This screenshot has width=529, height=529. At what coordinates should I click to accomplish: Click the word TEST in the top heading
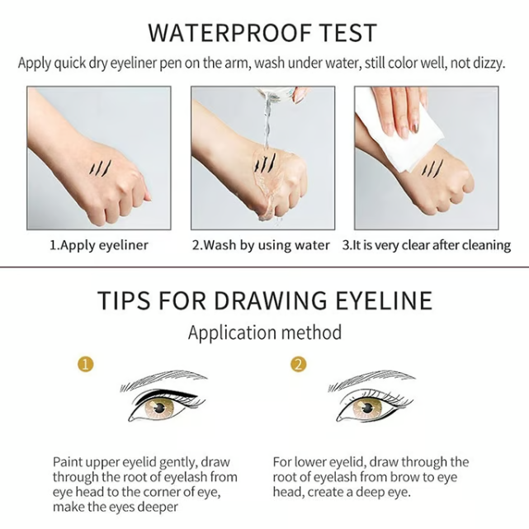(x=347, y=33)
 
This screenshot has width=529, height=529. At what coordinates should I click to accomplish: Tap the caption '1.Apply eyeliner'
(x=98, y=245)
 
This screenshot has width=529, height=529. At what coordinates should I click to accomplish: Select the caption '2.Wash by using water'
(x=261, y=245)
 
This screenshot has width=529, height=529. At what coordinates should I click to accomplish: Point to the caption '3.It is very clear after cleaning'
(x=427, y=245)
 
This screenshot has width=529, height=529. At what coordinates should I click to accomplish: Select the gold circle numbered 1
(x=86, y=364)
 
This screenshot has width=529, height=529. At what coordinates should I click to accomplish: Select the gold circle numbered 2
(x=298, y=364)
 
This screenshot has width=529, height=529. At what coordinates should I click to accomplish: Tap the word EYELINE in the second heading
(x=385, y=300)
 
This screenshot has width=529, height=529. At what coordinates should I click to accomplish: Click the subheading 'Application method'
(x=264, y=333)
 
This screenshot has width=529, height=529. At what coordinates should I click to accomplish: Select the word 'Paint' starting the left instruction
(x=69, y=461)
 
